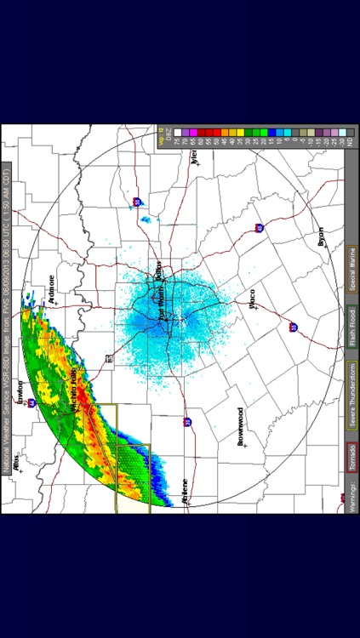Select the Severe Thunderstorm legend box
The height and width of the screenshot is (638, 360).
pyautogui.click(x=350, y=386)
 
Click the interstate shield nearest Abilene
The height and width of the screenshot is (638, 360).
pyautogui.click(x=186, y=422)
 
